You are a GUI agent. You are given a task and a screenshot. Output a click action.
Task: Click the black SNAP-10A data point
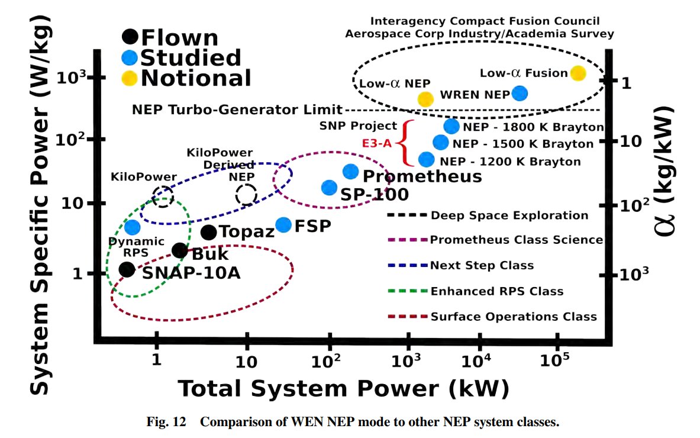[127, 269]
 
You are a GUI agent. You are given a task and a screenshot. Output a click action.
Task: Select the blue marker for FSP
[283, 225]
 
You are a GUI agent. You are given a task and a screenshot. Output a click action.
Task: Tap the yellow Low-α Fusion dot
[578, 73]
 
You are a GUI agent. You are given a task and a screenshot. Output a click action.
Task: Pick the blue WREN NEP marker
[520, 94]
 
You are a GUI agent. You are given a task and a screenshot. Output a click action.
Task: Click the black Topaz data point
[209, 232]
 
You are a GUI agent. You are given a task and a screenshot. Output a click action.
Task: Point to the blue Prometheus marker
[351, 171]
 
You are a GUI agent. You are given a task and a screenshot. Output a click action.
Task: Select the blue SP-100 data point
[330, 188]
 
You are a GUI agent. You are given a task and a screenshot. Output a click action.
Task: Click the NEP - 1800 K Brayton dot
[451, 126]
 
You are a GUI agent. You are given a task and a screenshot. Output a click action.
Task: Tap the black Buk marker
[180, 251]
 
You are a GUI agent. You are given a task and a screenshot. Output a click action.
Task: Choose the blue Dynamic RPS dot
[132, 227]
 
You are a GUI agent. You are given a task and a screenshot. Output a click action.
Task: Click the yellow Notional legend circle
[130, 78]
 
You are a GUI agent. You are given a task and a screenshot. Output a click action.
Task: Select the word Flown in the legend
[179, 37]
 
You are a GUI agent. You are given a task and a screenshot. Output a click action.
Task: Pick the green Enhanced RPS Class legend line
[408, 291]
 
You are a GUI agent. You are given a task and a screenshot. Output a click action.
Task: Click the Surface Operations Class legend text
[514, 317]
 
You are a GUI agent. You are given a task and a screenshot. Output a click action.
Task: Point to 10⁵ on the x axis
[554, 360]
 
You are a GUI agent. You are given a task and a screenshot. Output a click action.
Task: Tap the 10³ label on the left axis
[72, 78]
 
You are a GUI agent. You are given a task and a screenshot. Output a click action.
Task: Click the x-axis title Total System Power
[308, 388]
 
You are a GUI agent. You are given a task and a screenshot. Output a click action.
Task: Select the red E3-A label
[377, 143]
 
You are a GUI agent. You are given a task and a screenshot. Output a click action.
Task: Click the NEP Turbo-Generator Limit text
[237, 109]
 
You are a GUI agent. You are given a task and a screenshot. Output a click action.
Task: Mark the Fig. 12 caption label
[166, 422]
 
